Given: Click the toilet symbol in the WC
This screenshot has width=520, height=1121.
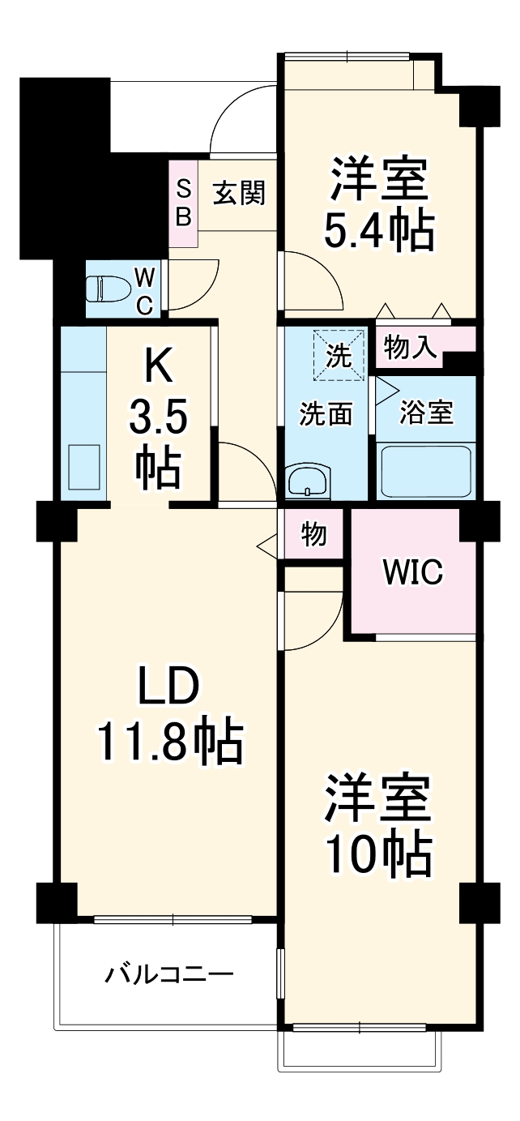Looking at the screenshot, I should (109, 288).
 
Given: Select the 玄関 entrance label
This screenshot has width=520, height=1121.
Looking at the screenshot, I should (239, 194).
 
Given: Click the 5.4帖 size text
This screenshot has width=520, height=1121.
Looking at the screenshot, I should (378, 231).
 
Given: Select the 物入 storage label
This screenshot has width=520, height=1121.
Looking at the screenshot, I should (411, 348).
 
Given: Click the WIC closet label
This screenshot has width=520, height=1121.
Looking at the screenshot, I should (412, 572).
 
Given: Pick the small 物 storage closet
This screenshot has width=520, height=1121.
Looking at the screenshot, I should (313, 534).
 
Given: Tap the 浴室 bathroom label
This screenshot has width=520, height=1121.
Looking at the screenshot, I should (426, 412).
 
